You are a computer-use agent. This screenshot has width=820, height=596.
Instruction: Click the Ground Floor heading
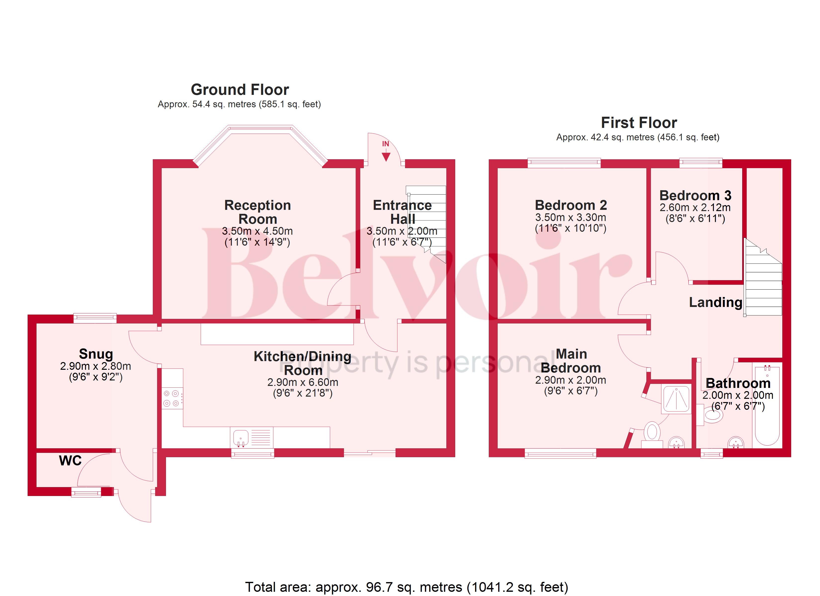pyautogui.click(x=240, y=90)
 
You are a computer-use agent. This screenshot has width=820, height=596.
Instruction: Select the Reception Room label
pyautogui.click(x=257, y=212)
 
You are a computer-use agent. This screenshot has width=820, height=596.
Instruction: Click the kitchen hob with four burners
pyautogui.click(x=171, y=398)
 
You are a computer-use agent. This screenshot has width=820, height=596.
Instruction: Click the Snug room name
pyautogui.click(x=96, y=354)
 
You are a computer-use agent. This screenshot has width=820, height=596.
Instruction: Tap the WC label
pyautogui.click(x=70, y=460)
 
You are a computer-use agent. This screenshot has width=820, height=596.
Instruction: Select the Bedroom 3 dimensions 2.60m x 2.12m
pyautogui.click(x=695, y=207)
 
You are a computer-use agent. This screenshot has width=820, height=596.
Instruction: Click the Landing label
pyautogui.click(x=715, y=302)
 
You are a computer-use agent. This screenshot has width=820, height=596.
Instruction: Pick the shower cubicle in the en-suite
pyautogui.click(x=676, y=399)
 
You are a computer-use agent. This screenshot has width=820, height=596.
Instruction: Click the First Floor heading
pyautogui.click(x=639, y=123)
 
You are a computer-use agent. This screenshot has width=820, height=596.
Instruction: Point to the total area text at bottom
pyautogui.click(x=406, y=587)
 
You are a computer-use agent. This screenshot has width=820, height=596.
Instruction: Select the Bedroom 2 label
pyautogui.click(x=571, y=205)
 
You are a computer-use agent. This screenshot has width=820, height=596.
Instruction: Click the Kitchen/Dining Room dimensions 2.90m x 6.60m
pyautogui.click(x=303, y=382)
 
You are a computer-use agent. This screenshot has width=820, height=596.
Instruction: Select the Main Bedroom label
pyautogui.click(x=571, y=361)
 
